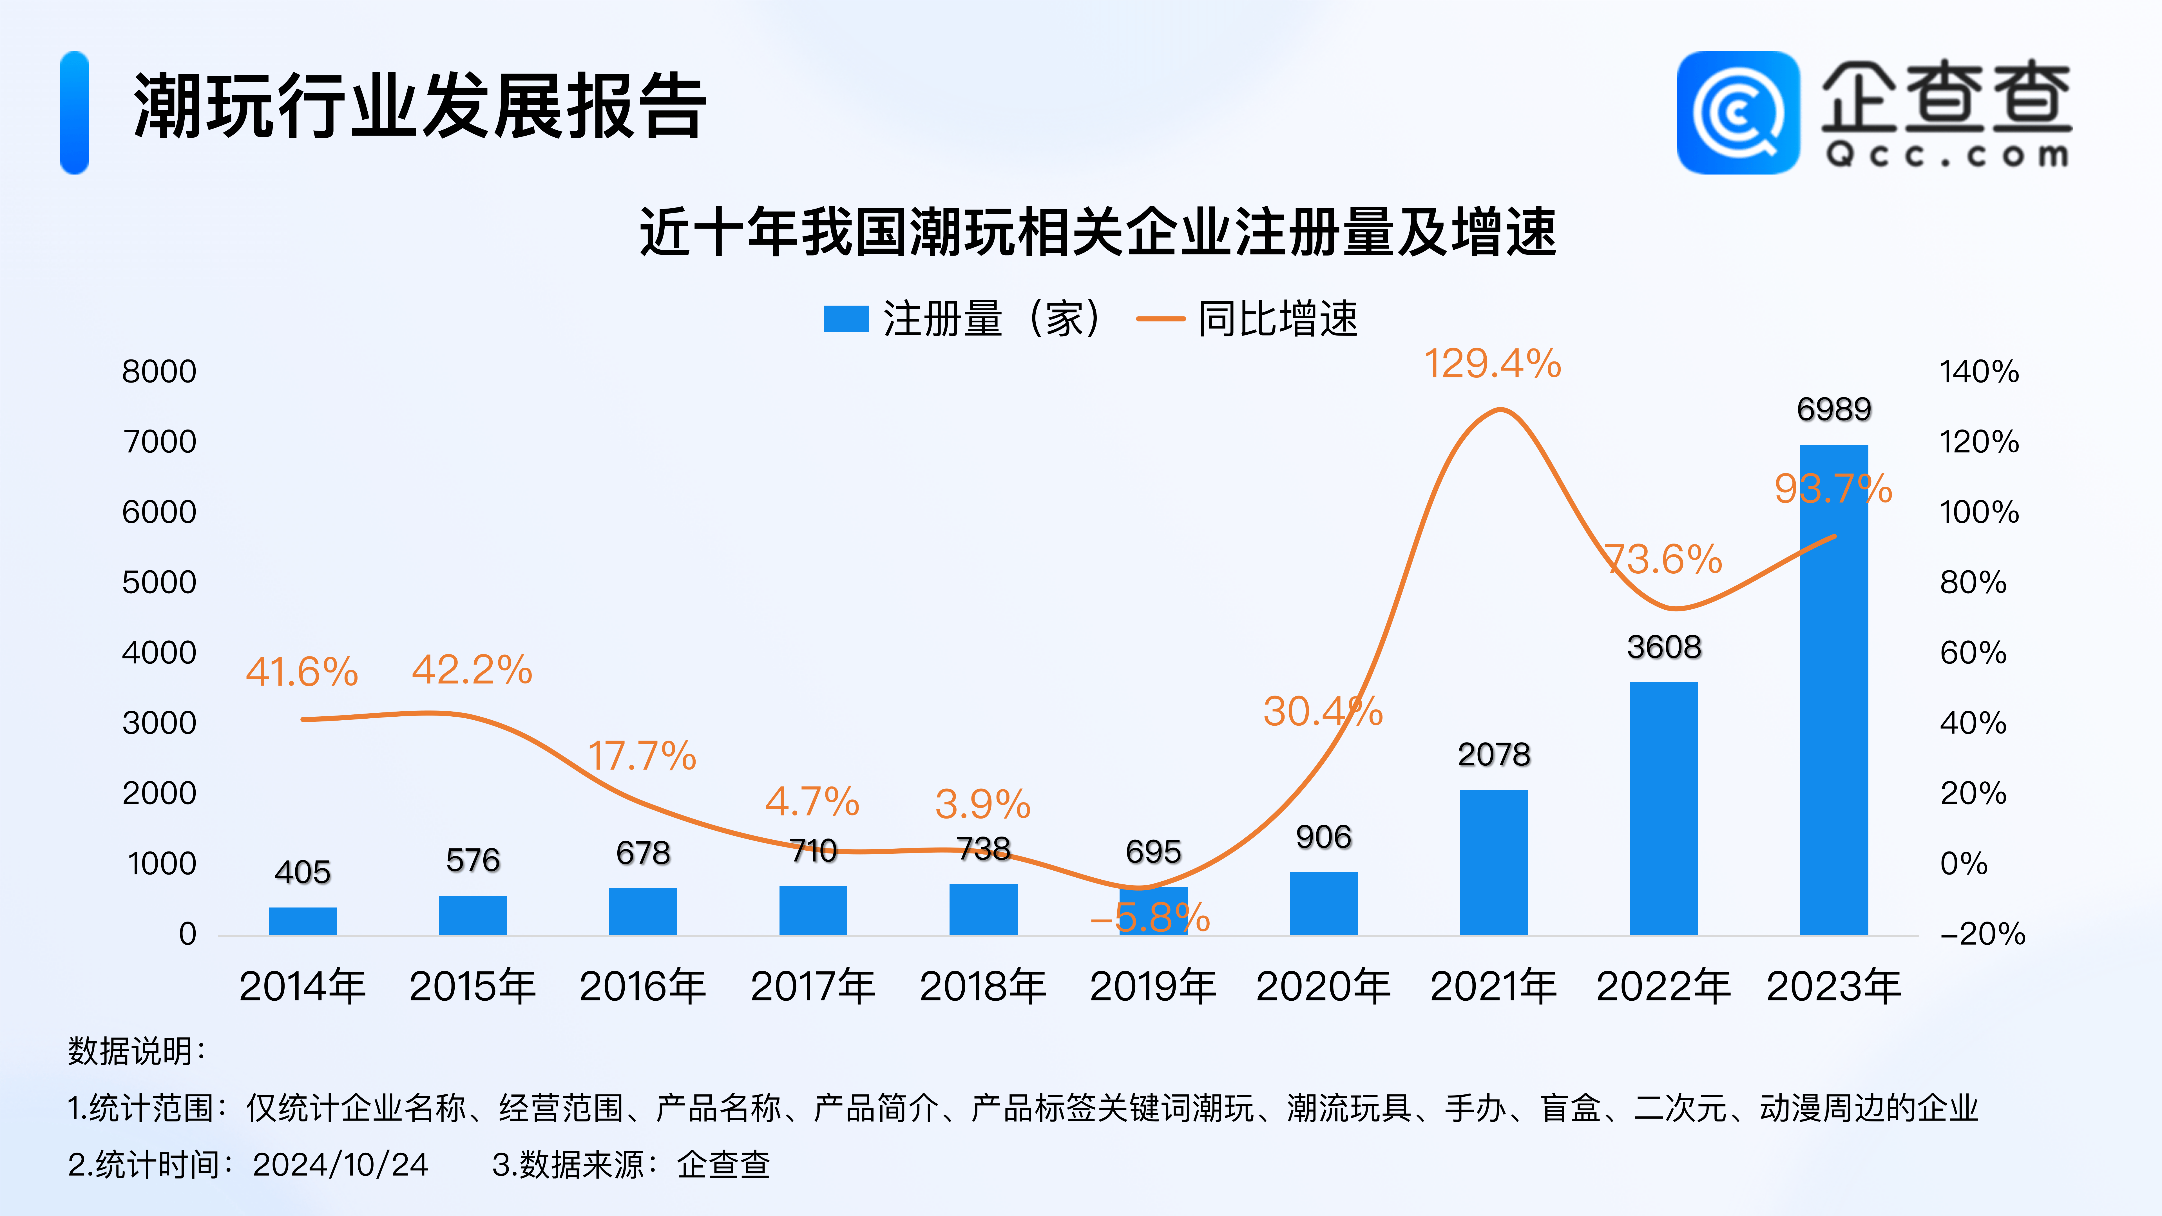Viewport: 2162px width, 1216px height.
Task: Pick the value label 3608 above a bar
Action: (1663, 647)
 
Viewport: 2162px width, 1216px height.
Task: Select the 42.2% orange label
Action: (472, 670)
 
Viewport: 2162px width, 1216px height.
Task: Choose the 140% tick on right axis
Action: (1978, 372)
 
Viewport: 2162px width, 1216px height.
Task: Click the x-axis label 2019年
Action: (1152, 986)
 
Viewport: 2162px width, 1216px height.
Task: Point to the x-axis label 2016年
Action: (642, 986)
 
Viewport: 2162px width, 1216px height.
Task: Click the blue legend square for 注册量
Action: (845, 319)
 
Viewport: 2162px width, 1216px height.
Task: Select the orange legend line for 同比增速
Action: (1160, 319)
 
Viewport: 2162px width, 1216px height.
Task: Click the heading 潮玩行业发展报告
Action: (420, 107)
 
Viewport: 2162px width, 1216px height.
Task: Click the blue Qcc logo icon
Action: (1737, 113)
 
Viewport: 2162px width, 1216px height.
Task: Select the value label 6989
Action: (1834, 410)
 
